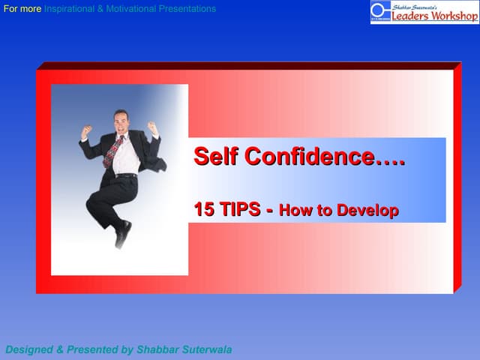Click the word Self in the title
216,157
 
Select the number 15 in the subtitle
205,209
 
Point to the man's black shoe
122,233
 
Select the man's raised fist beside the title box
153,128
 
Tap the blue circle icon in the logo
381,10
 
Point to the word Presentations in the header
191,9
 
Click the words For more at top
22,9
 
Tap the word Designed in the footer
28,349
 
